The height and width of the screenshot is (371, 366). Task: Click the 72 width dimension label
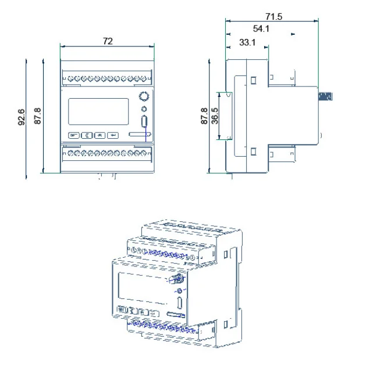click(x=108, y=41)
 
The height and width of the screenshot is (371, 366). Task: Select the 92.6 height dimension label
click(x=22, y=116)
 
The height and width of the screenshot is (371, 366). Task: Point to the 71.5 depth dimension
click(x=272, y=17)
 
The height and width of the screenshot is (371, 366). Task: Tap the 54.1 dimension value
click(x=261, y=29)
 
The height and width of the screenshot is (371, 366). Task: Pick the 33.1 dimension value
click(x=248, y=42)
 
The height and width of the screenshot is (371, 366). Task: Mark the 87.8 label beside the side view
click(x=204, y=116)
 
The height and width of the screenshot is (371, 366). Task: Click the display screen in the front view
click(x=98, y=111)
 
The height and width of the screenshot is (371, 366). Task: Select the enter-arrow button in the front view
click(x=113, y=135)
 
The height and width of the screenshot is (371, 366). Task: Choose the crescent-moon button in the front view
click(x=87, y=135)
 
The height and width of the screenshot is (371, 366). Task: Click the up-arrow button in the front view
click(x=100, y=135)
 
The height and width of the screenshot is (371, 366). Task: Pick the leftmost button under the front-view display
click(x=74, y=135)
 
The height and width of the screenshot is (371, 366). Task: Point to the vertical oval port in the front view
click(x=144, y=123)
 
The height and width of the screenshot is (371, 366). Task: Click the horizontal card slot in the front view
click(x=140, y=135)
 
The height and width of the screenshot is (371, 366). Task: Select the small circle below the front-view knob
click(x=144, y=109)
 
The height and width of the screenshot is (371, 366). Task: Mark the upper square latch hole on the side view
click(x=254, y=79)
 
